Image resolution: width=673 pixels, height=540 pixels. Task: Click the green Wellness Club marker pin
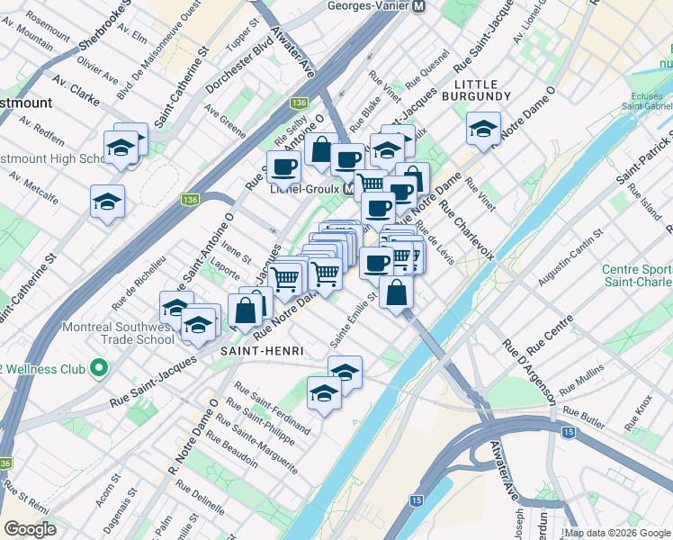click(99, 368)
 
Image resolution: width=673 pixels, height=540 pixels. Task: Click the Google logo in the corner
click(30, 529)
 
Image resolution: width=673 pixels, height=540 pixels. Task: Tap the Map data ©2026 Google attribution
click(617, 533)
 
